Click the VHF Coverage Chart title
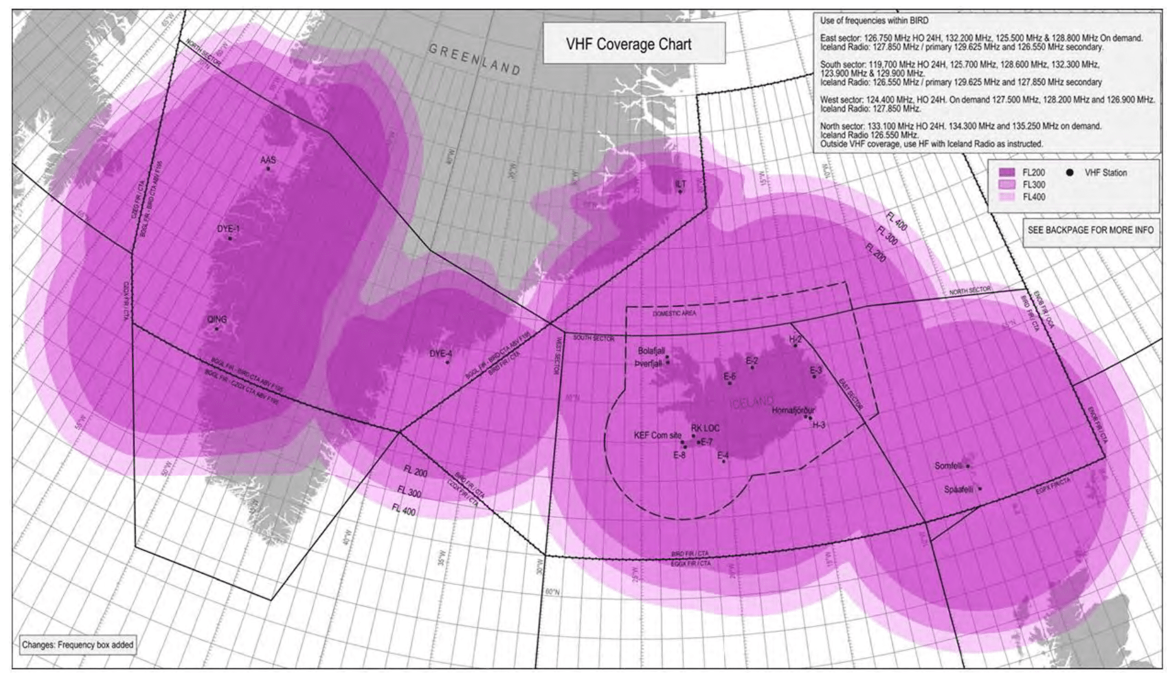point(628,44)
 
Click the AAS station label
point(268,160)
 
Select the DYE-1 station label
point(228,229)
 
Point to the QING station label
point(217,320)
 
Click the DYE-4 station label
point(440,354)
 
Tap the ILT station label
point(680,184)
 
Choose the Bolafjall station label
point(651,351)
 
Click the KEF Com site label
point(657,435)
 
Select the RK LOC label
point(705,428)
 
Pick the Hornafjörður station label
point(793,411)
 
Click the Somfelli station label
point(949,466)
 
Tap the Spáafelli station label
point(958,489)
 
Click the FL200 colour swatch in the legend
point(1007,172)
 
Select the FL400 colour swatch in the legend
point(1007,197)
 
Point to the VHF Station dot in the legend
point(1070,172)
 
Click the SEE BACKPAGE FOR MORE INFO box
point(1090,230)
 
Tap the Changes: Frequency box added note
point(78,645)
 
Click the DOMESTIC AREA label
point(674,313)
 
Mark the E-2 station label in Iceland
point(751,360)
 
